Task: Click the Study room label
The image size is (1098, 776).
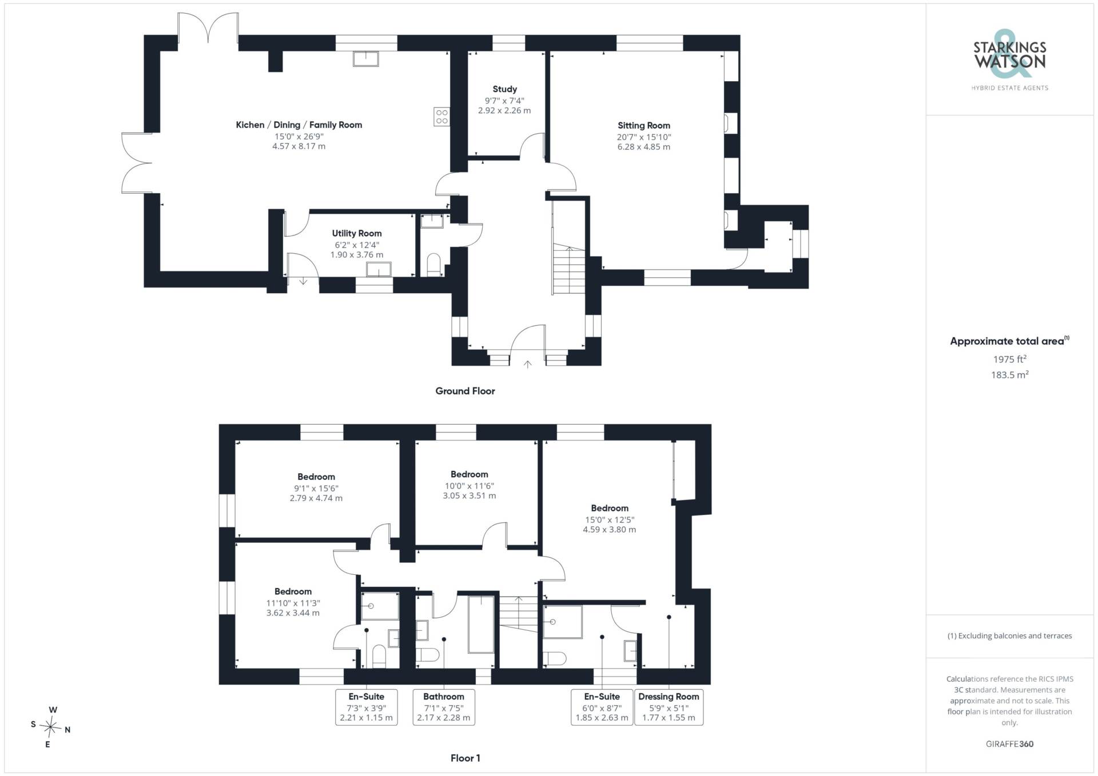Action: tap(504, 89)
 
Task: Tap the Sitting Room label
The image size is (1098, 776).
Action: tap(643, 126)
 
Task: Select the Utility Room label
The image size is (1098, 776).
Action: tap(357, 233)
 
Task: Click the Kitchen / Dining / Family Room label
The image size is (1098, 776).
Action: tap(299, 125)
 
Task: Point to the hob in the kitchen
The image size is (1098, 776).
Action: tap(441, 117)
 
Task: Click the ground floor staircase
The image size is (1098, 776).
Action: tap(569, 270)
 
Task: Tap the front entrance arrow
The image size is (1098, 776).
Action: tap(527, 363)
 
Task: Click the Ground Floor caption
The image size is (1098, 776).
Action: tap(465, 391)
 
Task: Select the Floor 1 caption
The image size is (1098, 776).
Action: tap(466, 758)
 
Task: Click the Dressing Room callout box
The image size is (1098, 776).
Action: tap(669, 707)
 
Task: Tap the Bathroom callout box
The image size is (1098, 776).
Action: tap(444, 707)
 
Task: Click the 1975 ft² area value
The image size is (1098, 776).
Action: tap(1009, 359)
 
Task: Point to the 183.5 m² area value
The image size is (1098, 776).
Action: tap(1009, 375)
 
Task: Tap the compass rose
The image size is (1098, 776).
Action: tap(51, 727)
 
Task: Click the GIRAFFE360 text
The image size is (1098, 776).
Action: tap(1009, 744)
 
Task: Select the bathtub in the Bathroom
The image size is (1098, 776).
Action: tap(481, 624)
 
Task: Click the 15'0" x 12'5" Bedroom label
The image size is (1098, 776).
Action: tap(610, 519)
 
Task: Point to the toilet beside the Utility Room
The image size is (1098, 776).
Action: tap(435, 264)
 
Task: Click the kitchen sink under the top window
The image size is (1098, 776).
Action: tap(366, 59)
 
